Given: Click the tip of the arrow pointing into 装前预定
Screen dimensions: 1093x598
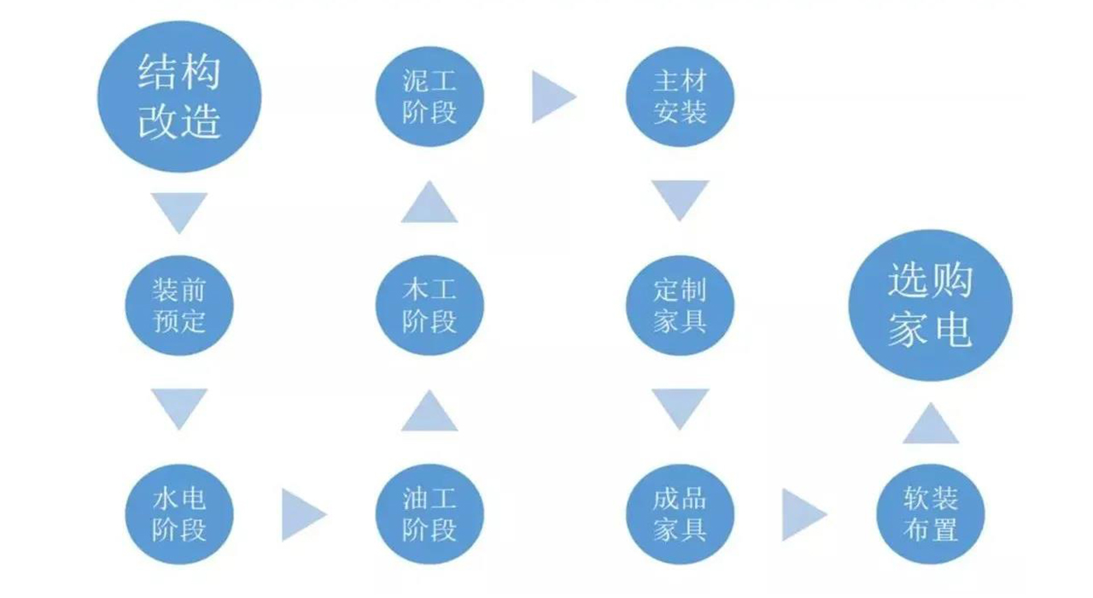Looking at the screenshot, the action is pos(179,234).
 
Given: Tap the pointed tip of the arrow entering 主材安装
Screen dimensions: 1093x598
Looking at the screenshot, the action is pos(577,97).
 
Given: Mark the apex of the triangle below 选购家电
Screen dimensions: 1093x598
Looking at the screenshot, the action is pos(931,402).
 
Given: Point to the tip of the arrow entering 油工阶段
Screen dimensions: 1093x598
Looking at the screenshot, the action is pos(327,514).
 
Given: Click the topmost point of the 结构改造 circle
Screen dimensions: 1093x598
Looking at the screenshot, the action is pos(179,21).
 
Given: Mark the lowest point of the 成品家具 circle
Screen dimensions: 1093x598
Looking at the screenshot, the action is pos(681,565).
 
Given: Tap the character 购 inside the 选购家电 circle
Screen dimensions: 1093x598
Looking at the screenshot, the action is pos(952,281).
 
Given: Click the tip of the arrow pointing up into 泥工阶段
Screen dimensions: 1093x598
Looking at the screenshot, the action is pos(430,180).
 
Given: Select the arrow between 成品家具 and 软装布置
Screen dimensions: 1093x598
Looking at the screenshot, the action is pos(804,514).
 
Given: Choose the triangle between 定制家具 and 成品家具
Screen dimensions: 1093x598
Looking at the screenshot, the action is pos(681,409).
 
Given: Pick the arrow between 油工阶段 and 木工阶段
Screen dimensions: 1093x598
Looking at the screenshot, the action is pos(430,411).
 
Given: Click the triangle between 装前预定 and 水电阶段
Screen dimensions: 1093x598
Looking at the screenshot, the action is pos(179,409).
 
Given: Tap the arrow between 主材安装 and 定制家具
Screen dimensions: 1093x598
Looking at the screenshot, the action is pos(681,201).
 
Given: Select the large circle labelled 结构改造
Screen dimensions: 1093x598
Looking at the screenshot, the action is pos(179,97).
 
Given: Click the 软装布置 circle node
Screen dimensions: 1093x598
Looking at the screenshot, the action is pos(931,514).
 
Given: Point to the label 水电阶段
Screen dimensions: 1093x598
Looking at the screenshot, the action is pos(179,514).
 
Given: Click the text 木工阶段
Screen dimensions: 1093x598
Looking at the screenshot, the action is pos(430,306).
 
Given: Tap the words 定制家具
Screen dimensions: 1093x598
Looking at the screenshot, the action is pos(681,306).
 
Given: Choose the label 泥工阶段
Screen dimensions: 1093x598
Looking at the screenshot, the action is pos(430,97).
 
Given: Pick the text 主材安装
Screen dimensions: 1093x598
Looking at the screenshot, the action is pos(681,97).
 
